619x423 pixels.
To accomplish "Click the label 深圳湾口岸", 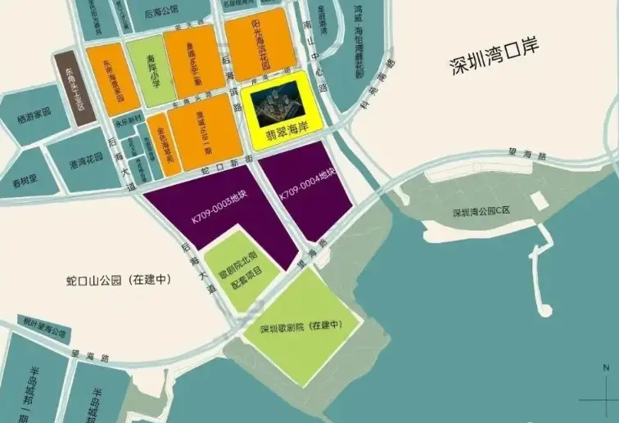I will coord(497,65).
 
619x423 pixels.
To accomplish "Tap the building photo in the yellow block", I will coord(275,102).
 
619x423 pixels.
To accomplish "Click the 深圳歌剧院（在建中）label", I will coord(300,327).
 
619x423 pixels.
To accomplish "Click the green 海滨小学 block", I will coord(145,71).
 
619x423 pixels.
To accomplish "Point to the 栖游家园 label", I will coord(34,111).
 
